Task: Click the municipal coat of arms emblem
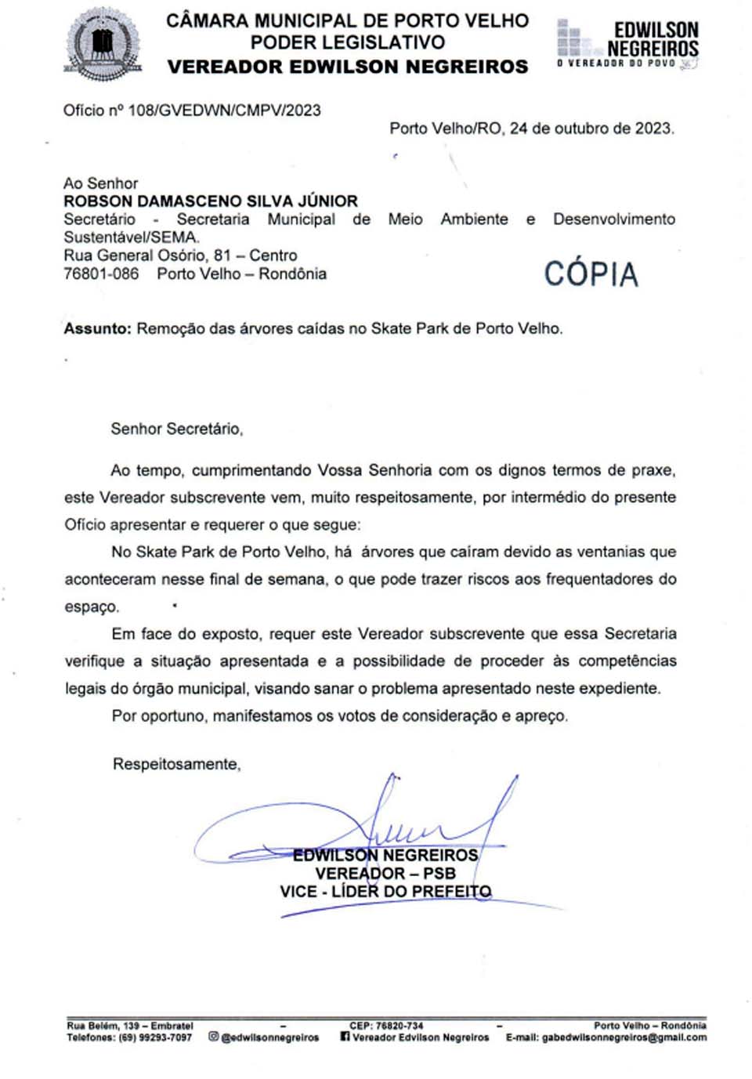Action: (x=103, y=44)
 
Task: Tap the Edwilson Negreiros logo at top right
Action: (x=627, y=44)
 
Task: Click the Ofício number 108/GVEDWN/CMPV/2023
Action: (x=224, y=110)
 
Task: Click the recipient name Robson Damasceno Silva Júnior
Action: (x=211, y=201)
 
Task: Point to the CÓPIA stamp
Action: (x=591, y=274)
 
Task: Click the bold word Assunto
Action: (x=97, y=329)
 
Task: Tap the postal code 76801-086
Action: (x=101, y=274)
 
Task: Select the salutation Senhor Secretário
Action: (x=177, y=429)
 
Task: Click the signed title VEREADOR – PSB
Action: (x=385, y=873)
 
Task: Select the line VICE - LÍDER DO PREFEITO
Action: (x=385, y=892)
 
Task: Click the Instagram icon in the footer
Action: (x=213, y=1037)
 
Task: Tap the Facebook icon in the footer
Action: (x=345, y=1037)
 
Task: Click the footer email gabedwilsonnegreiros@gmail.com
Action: (x=624, y=1037)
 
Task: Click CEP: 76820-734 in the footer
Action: (x=386, y=1026)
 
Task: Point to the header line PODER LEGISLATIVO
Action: (x=348, y=42)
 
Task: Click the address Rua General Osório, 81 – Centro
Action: (x=180, y=255)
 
